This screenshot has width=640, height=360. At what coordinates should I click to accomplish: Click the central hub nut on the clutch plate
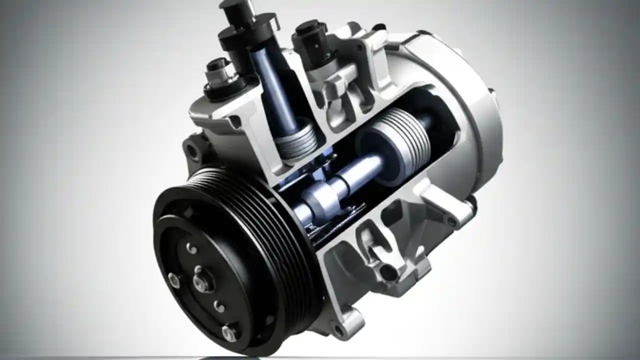[200, 283]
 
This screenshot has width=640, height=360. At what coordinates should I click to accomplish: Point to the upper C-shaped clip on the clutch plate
[190, 248]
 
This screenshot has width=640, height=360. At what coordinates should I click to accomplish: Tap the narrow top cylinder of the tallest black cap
[237, 13]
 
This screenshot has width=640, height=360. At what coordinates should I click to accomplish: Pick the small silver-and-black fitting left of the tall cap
[218, 75]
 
